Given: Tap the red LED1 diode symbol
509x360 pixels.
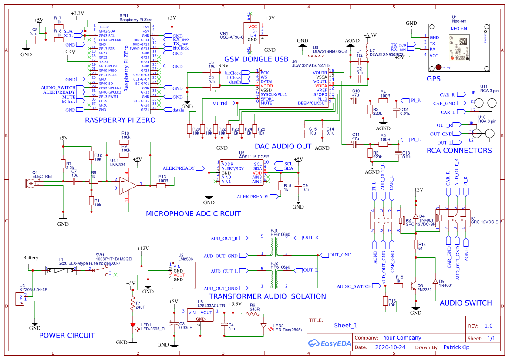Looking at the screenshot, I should [132, 325].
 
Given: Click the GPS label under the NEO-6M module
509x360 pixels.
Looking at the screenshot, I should [433, 79].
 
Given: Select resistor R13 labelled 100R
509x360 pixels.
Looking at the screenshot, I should [162, 186].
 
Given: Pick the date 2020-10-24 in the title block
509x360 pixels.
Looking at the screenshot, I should [390, 348].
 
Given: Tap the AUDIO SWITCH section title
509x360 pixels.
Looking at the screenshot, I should [465, 303].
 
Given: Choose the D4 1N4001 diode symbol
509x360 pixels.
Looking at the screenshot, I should [416, 216].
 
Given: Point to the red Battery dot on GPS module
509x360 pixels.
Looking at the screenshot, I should [438, 67].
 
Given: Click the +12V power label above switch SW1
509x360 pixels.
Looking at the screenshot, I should [142, 249].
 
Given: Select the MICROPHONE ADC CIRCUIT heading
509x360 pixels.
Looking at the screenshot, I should [193, 214].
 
